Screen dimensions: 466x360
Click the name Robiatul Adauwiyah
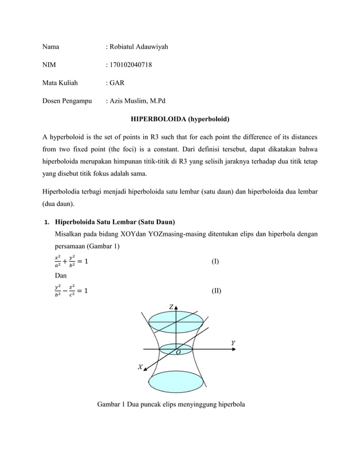[139, 46]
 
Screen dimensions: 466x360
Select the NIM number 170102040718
[130, 65]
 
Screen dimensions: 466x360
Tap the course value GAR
[117, 83]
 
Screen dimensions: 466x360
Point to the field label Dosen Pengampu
[68, 102]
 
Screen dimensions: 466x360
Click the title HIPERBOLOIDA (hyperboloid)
[180, 120]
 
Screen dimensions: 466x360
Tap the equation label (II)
[216, 292]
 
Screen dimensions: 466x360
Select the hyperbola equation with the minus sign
[71, 292]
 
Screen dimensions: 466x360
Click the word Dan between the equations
[60, 276]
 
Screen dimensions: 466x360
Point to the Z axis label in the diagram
[172, 306]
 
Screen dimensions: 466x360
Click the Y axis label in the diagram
[233, 343]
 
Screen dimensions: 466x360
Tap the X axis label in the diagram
[141, 367]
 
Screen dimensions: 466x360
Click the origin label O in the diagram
[178, 353]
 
